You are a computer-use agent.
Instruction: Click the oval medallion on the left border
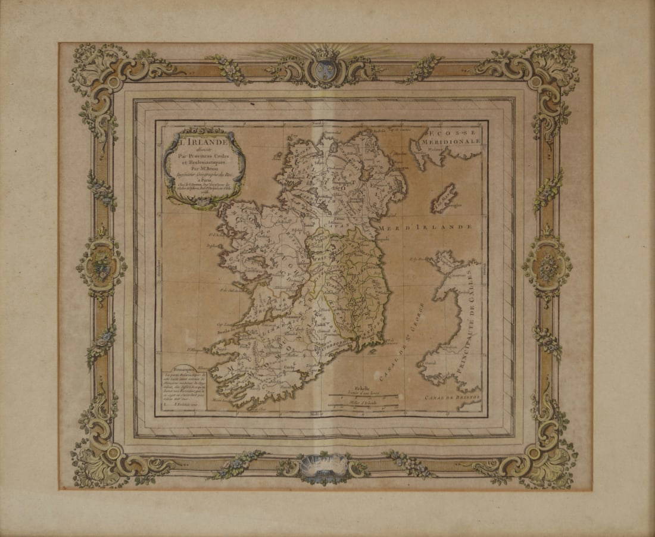coord(102,264)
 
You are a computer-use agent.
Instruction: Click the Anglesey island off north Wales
coord(448,260)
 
